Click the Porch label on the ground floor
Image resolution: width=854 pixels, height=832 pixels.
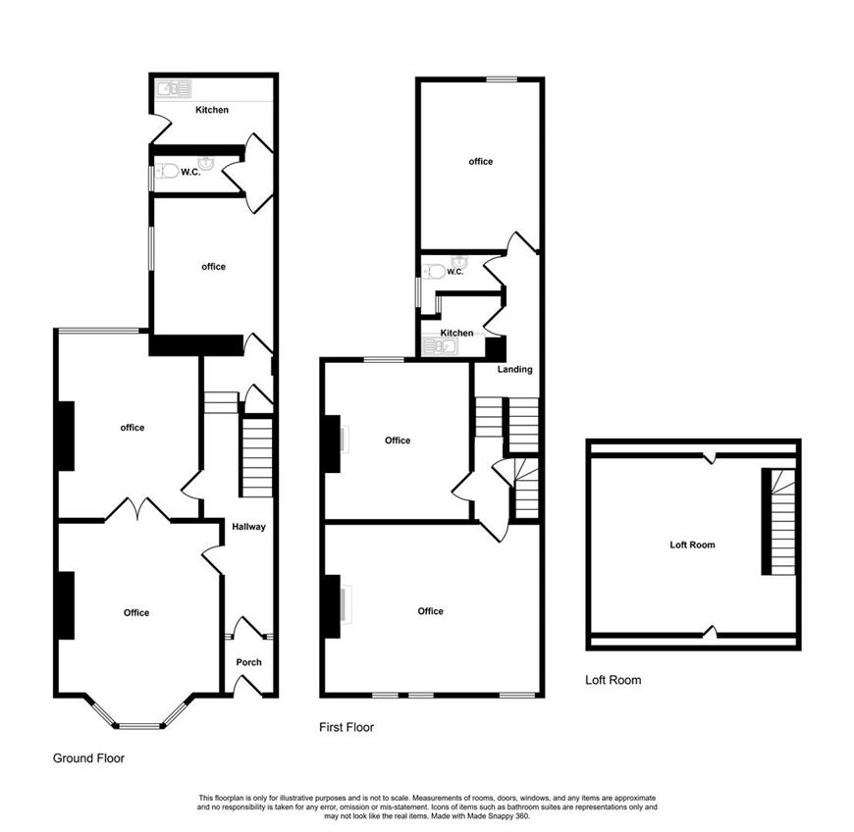coord(249,662)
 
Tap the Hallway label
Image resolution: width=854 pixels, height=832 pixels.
coord(249,527)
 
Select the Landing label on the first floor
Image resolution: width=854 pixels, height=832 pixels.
coord(514,369)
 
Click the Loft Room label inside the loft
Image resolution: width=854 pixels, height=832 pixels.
coord(692,545)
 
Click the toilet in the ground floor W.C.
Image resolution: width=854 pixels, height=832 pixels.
coord(168,172)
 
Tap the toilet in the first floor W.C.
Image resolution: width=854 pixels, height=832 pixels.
coord(435,271)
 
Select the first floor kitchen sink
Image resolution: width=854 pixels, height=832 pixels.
coord(440,345)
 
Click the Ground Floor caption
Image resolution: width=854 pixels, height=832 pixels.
coord(88,758)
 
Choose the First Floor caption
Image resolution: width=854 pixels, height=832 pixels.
coord(347,727)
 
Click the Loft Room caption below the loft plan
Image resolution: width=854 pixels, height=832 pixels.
coord(614,680)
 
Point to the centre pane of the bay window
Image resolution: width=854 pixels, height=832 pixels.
coord(140,725)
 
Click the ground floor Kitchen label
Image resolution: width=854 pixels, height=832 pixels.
coord(212,110)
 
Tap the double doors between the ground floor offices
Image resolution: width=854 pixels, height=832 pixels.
coord(137,508)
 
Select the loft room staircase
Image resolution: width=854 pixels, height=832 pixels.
coord(778,522)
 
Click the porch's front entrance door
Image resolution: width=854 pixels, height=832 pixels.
coord(247,685)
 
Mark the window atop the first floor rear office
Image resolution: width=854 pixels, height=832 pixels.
coord(502,79)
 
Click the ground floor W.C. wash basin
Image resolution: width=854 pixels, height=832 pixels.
coord(206,162)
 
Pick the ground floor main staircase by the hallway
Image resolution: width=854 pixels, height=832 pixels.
coord(256,456)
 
